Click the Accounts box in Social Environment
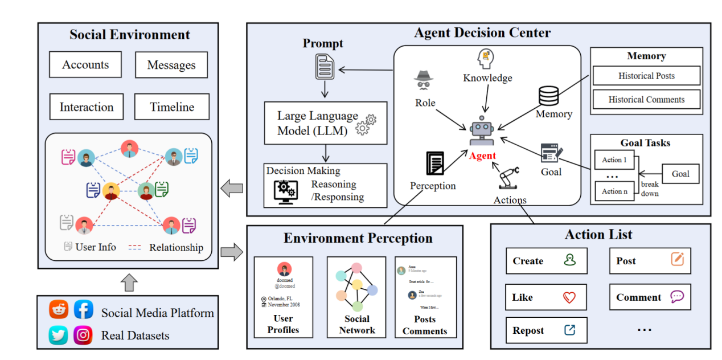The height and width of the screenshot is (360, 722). point(85,64)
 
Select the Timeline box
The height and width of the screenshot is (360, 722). point(172,107)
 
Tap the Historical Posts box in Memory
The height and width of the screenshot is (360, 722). point(646,76)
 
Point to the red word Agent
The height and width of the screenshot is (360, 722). point(483,156)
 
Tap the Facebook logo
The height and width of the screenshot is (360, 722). point(84,309)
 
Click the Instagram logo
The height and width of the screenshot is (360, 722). point(83,335)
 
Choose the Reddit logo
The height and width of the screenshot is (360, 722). point(58,309)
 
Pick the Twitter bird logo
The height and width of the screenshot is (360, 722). point(58,335)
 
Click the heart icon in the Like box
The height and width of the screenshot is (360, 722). point(569,297)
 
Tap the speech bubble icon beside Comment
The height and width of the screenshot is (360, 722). point(676,296)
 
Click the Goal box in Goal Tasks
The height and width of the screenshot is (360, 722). point(680,174)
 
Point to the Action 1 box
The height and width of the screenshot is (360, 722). point(614,159)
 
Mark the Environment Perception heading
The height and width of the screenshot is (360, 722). point(358,238)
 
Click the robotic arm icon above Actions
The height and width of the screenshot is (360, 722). point(509,177)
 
